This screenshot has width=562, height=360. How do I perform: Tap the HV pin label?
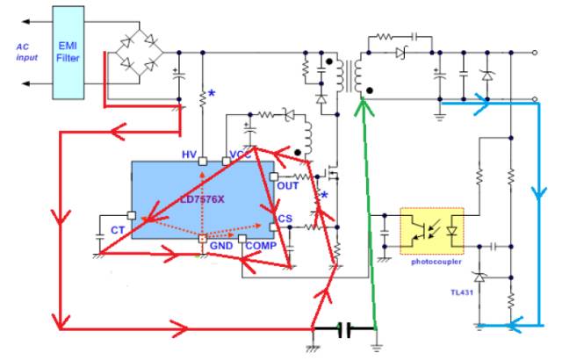(189, 155)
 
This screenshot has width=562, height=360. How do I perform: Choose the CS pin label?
(285, 219)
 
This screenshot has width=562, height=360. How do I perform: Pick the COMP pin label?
(262, 247)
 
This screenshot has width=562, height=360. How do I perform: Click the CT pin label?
(117, 230)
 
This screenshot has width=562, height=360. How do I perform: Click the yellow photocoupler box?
(432, 231)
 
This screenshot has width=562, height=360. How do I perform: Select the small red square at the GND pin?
(202, 238)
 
